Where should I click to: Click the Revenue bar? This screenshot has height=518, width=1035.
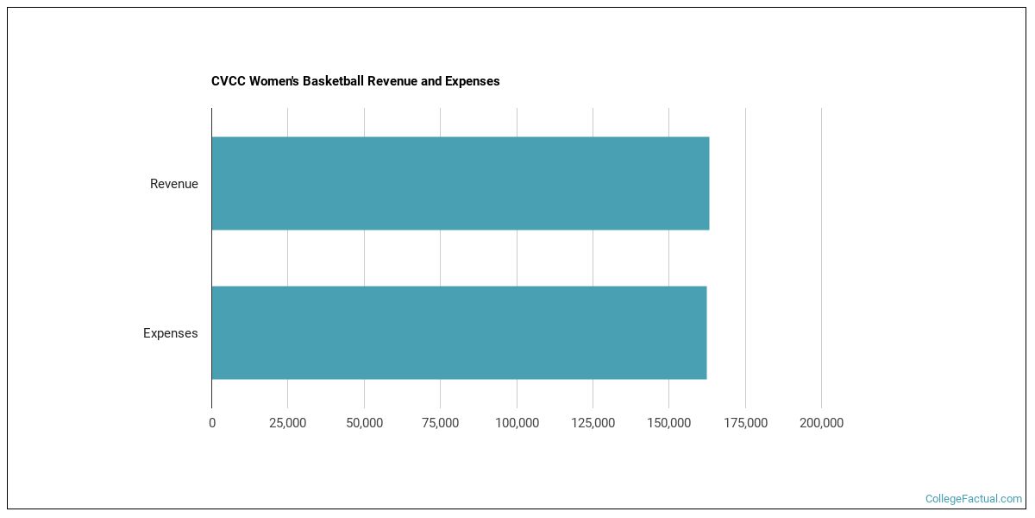click(x=460, y=183)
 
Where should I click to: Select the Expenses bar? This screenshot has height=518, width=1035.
click(x=459, y=332)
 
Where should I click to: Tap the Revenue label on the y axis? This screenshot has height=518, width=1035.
click(x=173, y=184)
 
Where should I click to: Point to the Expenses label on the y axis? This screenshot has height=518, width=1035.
click(x=170, y=333)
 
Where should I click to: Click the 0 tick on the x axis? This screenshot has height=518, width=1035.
click(x=212, y=423)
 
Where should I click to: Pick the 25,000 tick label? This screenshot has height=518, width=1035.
click(x=288, y=423)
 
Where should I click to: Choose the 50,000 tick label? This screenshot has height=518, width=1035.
click(x=364, y=423)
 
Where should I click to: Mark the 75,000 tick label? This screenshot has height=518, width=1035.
click(x=440, y=423)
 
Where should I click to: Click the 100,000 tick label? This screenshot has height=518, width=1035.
click(x=517, y=423)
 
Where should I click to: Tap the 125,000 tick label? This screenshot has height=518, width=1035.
click(x=593, y=423)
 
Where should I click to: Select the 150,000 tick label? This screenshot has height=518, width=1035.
click(x=668, y=423)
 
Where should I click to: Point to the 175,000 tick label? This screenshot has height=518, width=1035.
click(x=745, y=423)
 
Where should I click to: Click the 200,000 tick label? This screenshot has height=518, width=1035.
click(x=821, y=423)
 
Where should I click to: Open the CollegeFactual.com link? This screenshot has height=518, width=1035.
click(x=973, y=499)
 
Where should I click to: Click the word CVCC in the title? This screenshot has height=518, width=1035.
click(x=227, y=81)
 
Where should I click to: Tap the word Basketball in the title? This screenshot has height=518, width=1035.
click(x=333, y=81)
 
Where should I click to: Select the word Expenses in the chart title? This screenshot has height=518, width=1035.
click(x=473, y=81)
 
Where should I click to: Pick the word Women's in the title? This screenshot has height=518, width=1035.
click(x=272, y=81)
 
